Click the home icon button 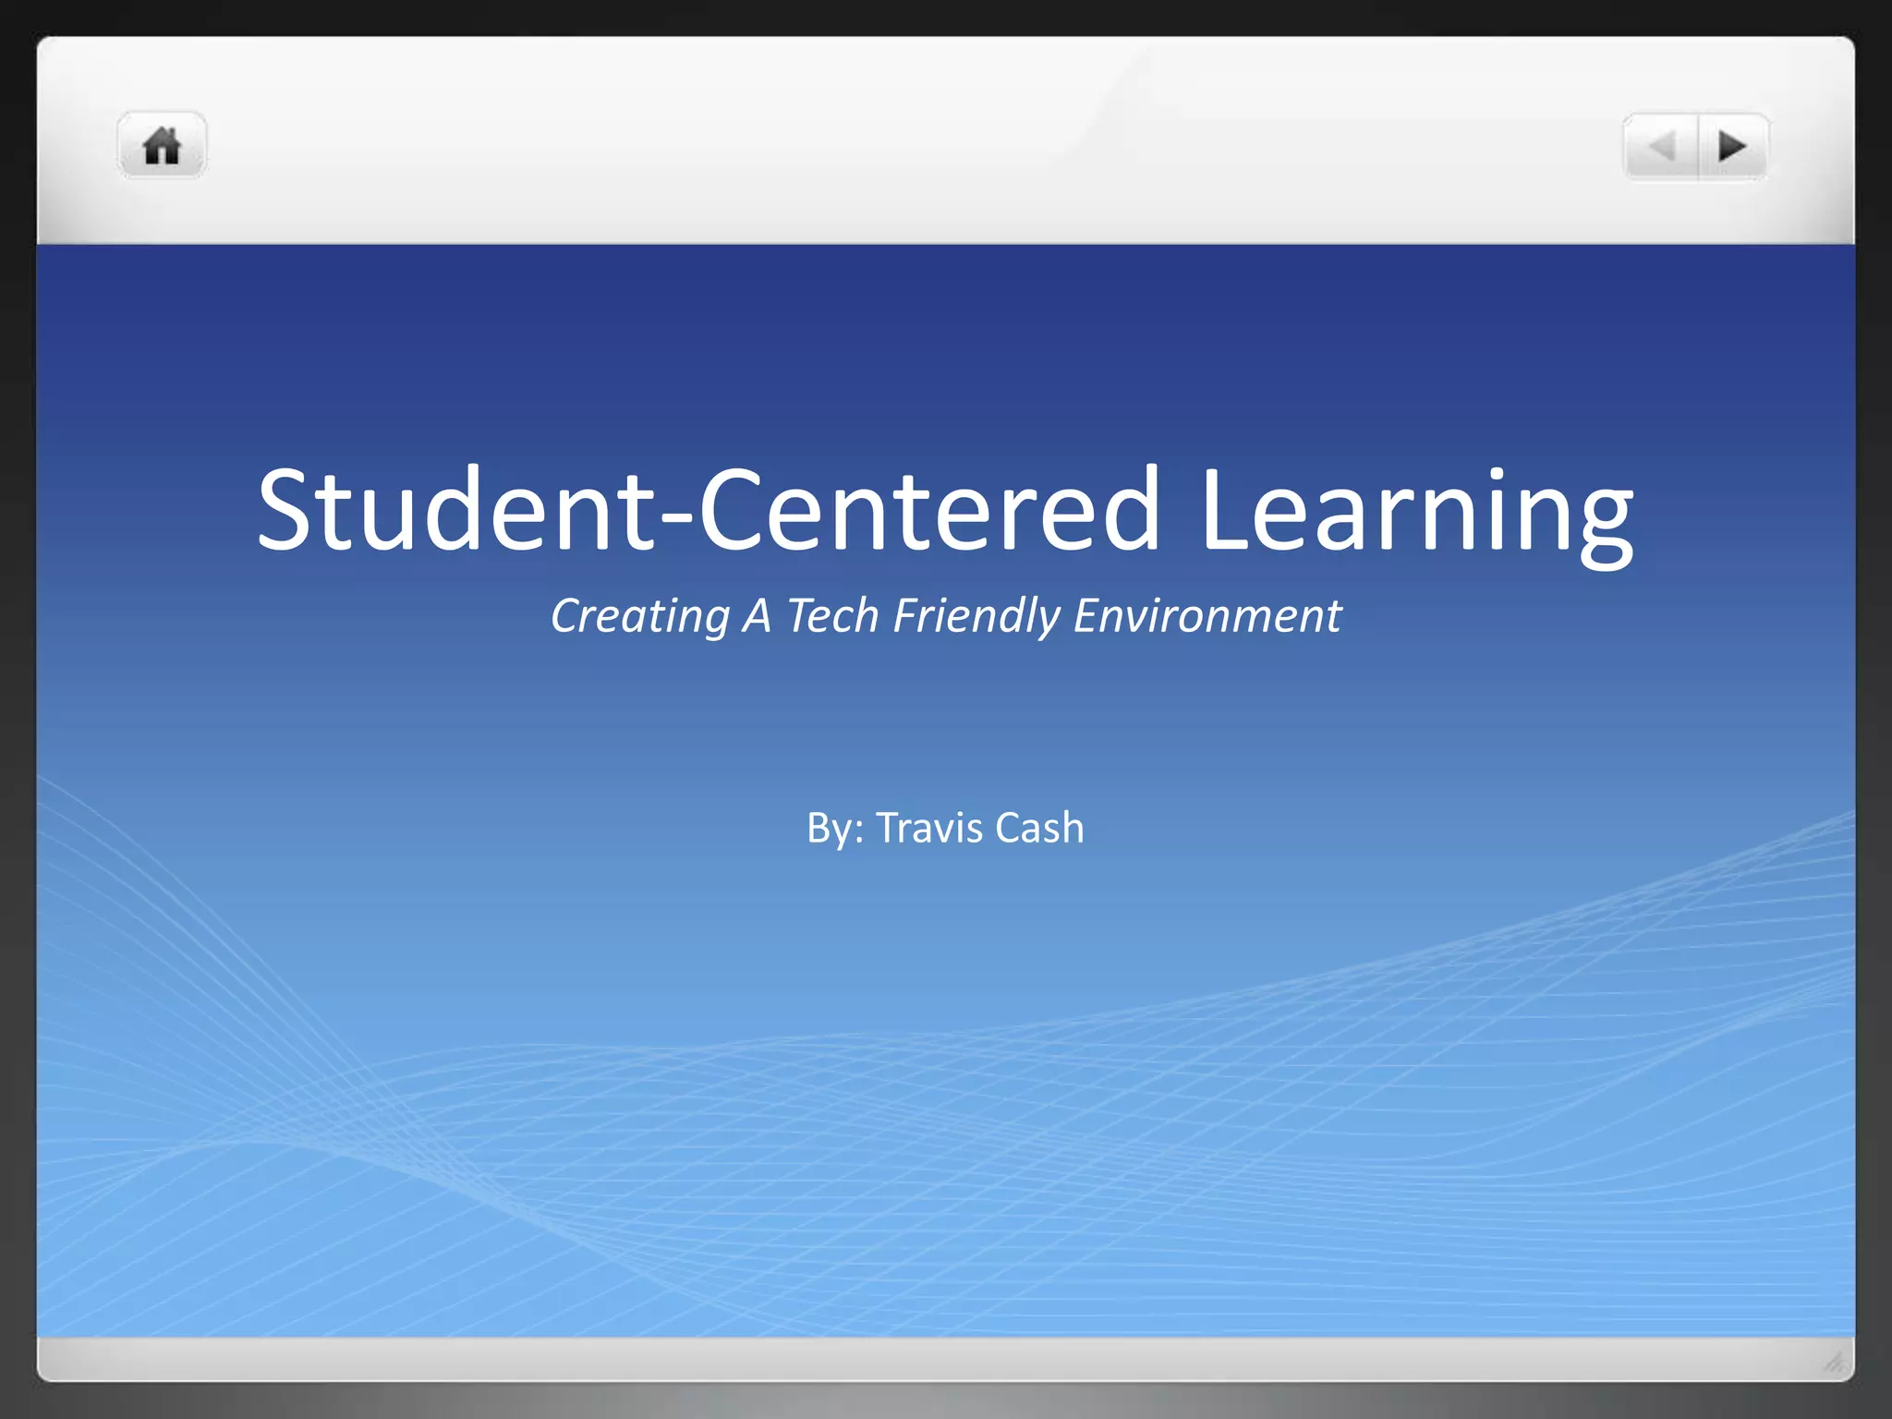pyautogui.click(x=162, y=146)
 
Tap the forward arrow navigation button pyautogui.click(x=1732, y=146)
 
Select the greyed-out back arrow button pyautogui.click(x=1662, y=146)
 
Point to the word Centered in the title pyautogui.click(x=928, y=511)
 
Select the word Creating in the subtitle pyautogui.click(x=640, y=616)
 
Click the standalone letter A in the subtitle pyautogui.click(x=757, y=616)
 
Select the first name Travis pyautogui.click(x=929, y=828)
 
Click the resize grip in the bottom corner pyautogui.click(x=1834, y=1361)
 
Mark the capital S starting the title pyautogui.click(x=287, y=511)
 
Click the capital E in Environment pyautogui.click(x=1087, y=616)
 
